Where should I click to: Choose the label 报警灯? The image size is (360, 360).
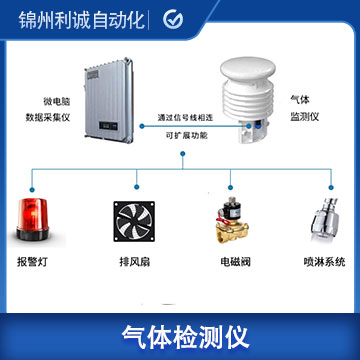32,261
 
